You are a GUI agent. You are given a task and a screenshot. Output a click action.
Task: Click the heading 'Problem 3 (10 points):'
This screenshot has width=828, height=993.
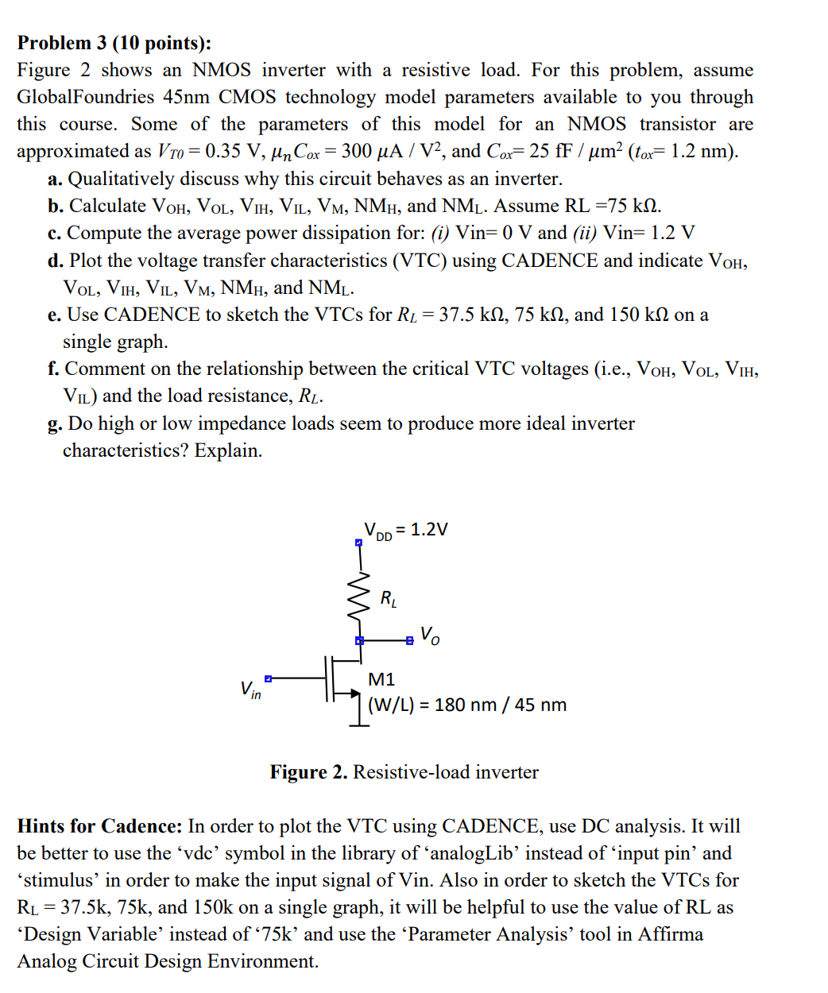pos(114,43)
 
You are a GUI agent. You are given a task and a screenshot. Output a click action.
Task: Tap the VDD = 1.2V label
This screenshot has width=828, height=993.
pos(405,530)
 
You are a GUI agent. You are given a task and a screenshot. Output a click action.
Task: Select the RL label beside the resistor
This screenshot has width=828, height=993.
pos(389,598)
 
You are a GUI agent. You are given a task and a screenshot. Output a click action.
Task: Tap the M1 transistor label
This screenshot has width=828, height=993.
pos(381,679)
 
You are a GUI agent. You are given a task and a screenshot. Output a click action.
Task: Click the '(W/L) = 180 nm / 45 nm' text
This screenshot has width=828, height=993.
pos(467,705)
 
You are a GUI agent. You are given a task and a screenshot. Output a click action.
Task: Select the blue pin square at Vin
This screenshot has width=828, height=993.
pos(269,678)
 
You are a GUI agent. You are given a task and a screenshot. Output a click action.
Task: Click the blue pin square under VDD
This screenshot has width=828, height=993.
pos(358,543)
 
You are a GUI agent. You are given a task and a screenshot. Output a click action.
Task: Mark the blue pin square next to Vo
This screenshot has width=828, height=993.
pos(409,640)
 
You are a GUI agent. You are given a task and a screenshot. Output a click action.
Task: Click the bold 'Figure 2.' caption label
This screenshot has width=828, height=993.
pos(308,772)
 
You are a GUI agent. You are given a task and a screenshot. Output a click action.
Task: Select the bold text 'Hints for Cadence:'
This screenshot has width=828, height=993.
pos(100,826)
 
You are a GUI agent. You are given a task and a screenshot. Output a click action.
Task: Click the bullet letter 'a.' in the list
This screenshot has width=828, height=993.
pos(55,179)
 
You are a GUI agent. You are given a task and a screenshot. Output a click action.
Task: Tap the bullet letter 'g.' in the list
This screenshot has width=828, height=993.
pos(55,423)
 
